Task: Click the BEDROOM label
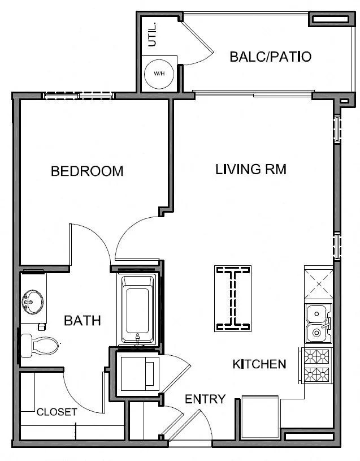(87, 171)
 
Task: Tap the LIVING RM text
(251, 169)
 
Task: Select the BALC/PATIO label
(271, 57)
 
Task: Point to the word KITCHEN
(259, 364)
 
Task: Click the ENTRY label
(205, 399)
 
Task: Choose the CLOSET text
(57, 412)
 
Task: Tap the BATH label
(83, 321)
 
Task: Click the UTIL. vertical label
(153, 35)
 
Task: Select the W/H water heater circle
(159, 74)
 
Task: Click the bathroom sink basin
(33, 301)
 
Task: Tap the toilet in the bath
(40, 346)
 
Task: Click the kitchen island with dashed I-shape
(233, 299)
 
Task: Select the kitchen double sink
(318, 324)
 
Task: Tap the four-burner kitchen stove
(316, 365)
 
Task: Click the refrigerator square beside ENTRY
(260, 417)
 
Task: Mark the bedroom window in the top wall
(79, 96)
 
